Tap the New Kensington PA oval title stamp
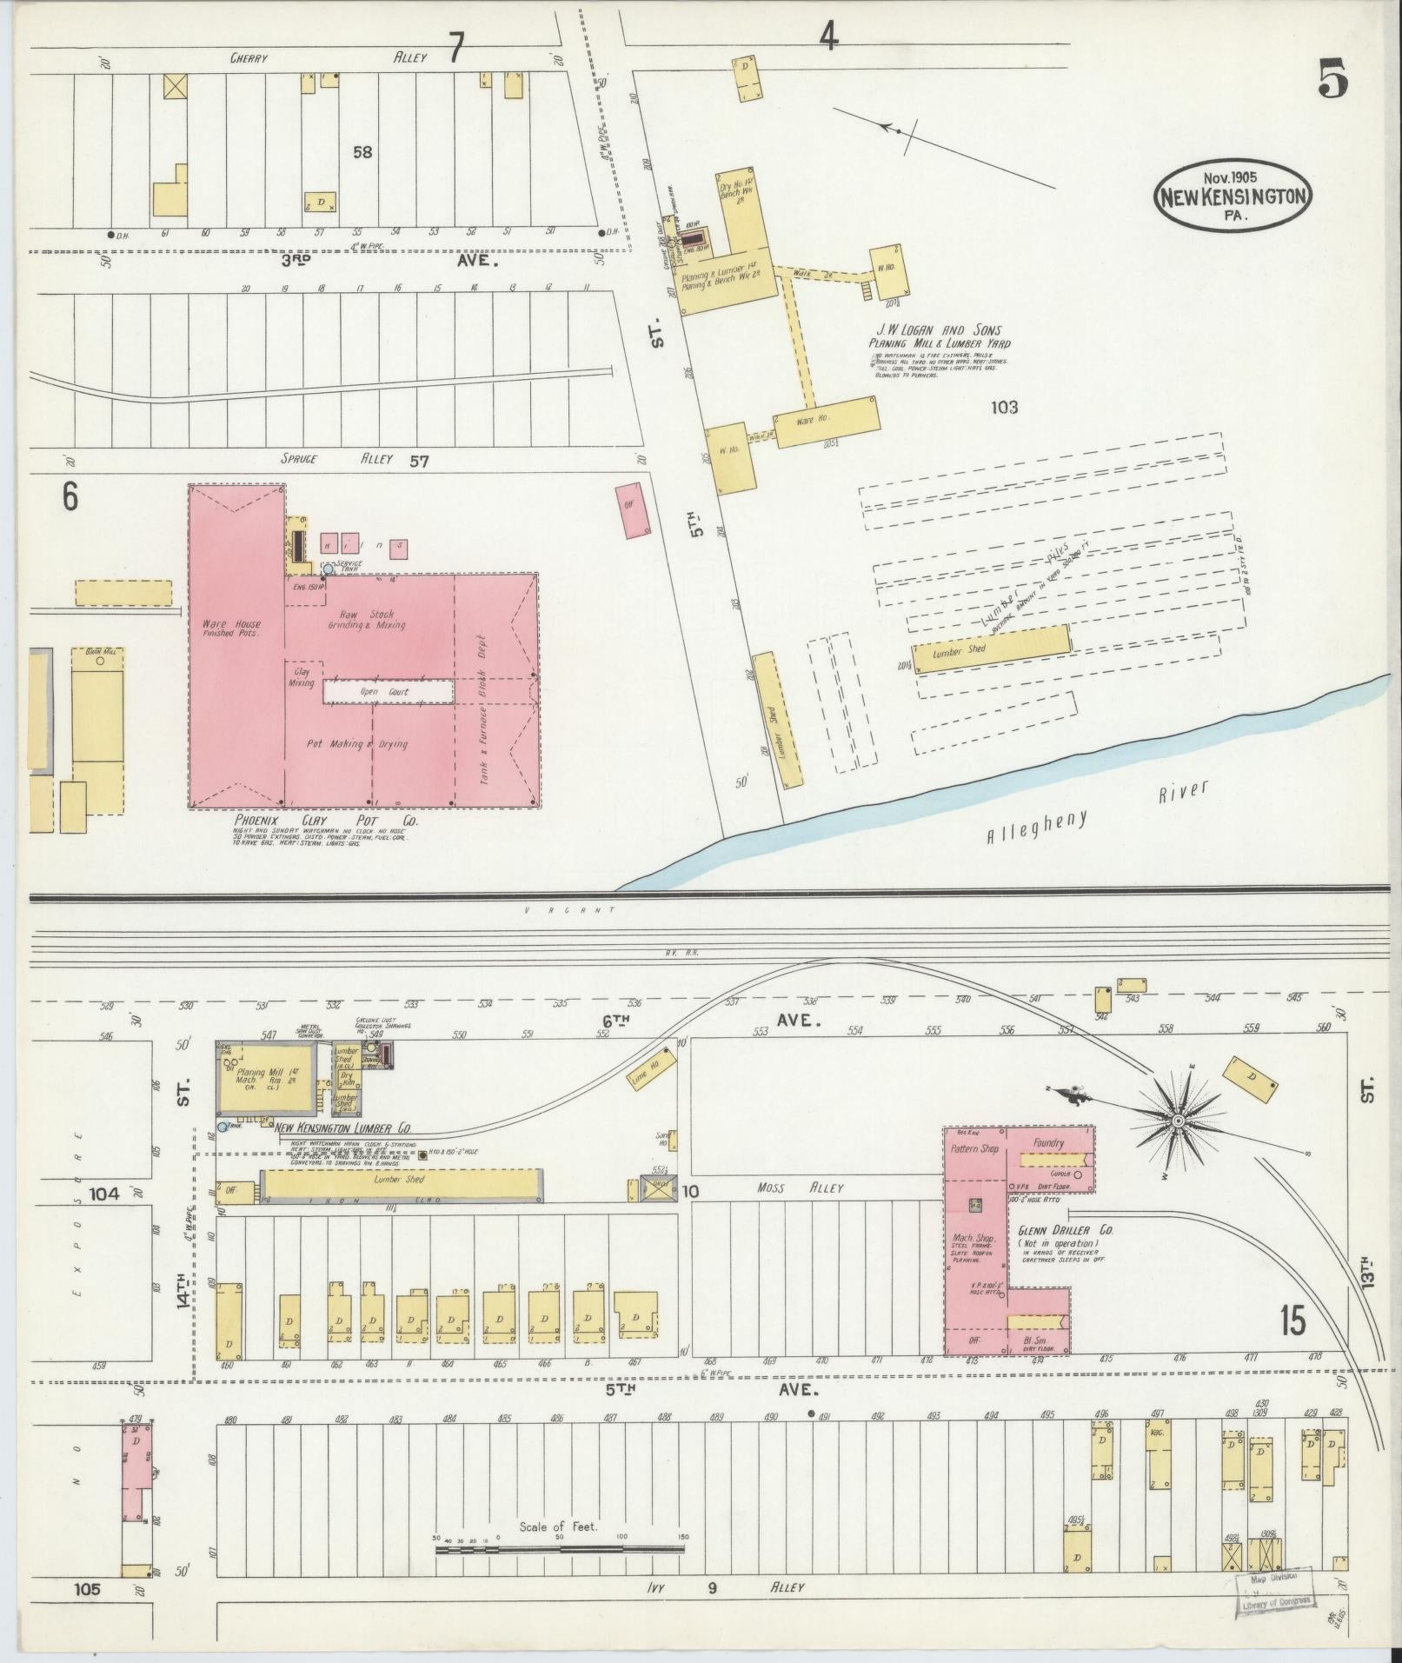(x=1233, y=196)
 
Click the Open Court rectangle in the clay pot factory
(x=389, y=692)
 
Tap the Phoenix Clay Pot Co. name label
(x=326, y=821)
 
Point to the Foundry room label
(x=1048, y=1143)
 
